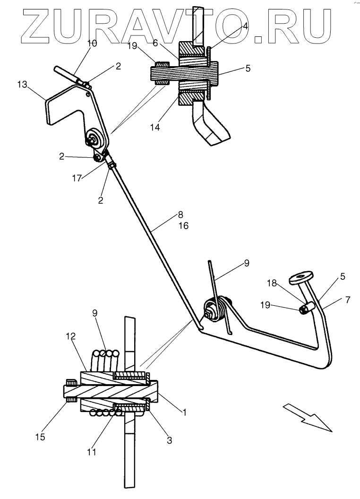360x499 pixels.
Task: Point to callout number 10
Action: pos(92,43)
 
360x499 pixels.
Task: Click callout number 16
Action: pos(183,226)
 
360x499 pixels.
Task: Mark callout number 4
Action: pos(245,27)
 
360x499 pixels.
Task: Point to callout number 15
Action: pos(41,437)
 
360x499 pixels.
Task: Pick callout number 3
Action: pos(169,440)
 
